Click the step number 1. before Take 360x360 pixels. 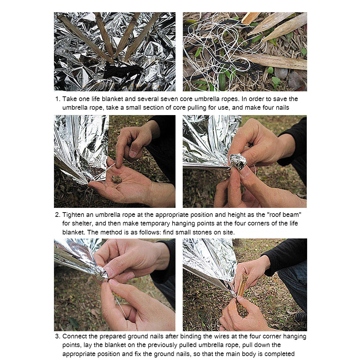(58, 99)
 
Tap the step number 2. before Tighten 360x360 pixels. (58, 215)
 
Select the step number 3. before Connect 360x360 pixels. (58, 337)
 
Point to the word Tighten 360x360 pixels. (74, 215)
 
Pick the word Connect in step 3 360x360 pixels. (75, 337)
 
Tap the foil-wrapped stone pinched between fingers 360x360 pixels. (238, 161)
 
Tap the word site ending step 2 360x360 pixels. (227, 232)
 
